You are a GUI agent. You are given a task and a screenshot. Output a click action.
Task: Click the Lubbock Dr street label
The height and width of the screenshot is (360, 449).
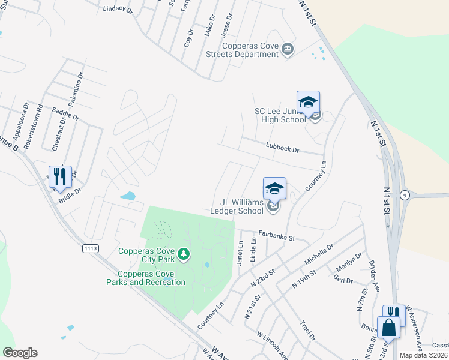coord(282,146)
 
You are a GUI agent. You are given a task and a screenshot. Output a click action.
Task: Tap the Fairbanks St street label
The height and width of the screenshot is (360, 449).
coord(277,236)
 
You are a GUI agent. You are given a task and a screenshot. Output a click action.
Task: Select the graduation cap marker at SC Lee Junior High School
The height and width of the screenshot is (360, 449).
coord(308,102)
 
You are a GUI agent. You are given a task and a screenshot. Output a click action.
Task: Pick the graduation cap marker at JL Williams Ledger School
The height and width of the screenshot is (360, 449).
coord(274,188)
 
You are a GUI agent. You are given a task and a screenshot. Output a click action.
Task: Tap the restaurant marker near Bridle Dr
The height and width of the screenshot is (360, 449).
coord(60,176)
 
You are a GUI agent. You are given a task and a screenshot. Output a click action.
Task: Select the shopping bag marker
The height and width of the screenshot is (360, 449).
coord(388,328)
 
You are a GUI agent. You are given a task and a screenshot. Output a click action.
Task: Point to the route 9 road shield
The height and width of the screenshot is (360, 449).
coord(406,194)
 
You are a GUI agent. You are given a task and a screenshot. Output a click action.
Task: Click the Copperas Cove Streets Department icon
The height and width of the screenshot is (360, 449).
coord(288,48)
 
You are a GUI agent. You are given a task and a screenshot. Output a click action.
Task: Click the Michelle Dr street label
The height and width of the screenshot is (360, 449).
coord(319,256)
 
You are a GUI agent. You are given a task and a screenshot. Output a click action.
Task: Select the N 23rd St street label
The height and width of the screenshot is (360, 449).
coord(262,277)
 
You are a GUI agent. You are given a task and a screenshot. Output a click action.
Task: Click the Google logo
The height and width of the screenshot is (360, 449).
coord(20,353)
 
